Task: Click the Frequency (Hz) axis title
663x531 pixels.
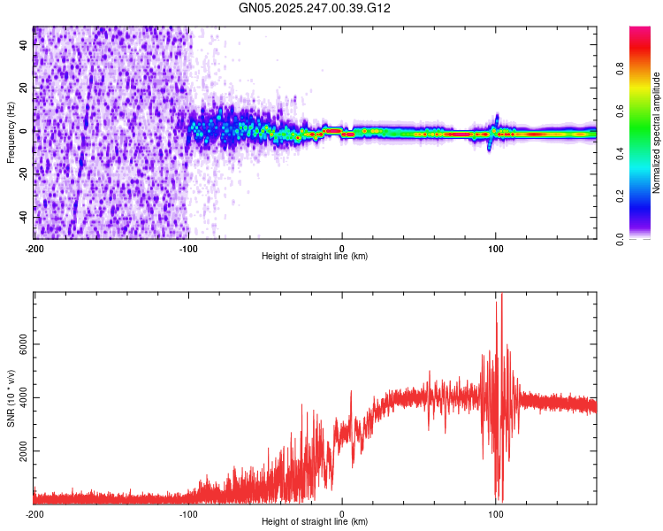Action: click(11, 133)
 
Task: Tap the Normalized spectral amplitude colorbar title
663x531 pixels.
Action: click(657, 133)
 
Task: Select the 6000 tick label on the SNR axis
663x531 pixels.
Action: click(24, 344)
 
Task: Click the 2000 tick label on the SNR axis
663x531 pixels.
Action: click(24, 450)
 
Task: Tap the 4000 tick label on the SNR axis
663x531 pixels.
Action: click(24, 397)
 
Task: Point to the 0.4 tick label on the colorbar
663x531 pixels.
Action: click(621, 154)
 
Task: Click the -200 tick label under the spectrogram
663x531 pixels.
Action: click(34, 249)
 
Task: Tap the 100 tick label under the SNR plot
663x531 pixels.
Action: click(496, 514)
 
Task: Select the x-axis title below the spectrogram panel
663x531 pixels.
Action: click(315, 257)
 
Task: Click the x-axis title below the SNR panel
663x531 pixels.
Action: click(315, 522)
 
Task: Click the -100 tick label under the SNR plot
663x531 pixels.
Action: click(187, 514)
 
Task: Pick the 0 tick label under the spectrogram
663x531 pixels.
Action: click(342, 249)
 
